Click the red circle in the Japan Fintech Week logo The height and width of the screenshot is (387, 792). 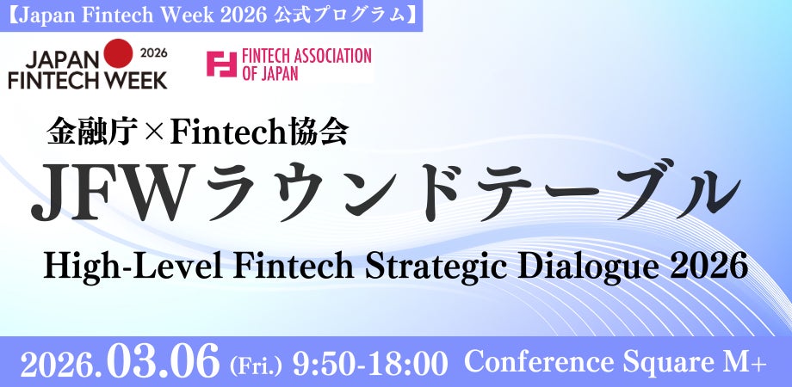pyautogui.click(x=120, y=58)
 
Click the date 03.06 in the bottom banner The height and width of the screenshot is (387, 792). pyautogui.click(x=165, y=362)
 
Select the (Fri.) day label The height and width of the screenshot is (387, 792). pyautogui.click(x=256, y=365)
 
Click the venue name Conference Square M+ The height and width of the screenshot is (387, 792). pyautogui.click(x=615, y=363)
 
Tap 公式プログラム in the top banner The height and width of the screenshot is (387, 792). pyautogui.click(x=356, y=15)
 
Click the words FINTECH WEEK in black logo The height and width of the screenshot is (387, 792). pyautogui.click(x=87, y=80)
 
